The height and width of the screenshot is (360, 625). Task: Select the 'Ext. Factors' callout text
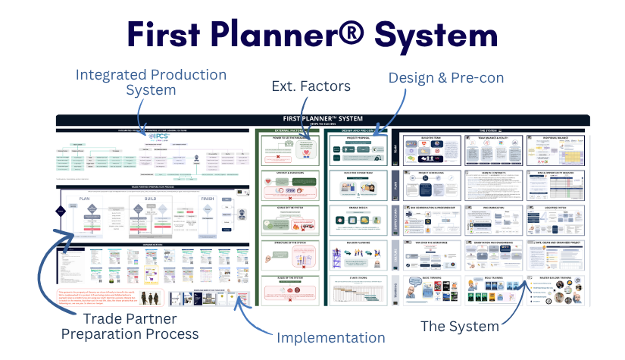coord(311,86)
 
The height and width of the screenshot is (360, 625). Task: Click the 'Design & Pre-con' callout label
coord(445,77)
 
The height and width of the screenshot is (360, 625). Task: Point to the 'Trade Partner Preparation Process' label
coord(130,325)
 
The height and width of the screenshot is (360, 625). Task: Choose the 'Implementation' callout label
coord(330,337)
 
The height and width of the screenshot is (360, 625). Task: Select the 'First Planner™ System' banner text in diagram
coord(323,119)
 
